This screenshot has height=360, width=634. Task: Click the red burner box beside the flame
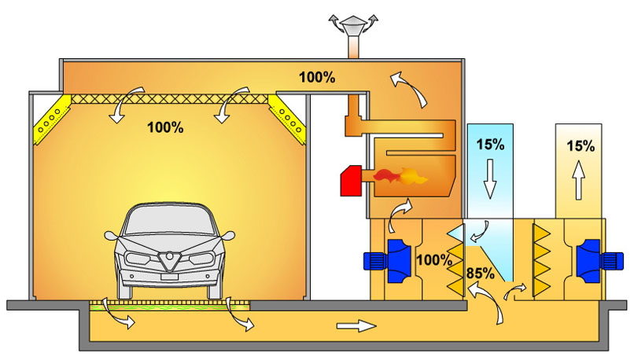(x=351, y=182)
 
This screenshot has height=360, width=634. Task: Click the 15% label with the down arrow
(x=489, y=145)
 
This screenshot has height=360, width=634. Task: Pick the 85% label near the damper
(x=480, y=274)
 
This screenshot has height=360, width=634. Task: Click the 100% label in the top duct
(x=317, y=77)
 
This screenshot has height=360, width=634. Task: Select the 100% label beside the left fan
(x=434, y=259)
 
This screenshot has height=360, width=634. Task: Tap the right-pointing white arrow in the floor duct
(x=352, y=324)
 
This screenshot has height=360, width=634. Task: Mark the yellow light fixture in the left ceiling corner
(x=53, y=117)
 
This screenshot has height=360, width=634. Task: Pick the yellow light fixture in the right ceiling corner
(x=287, y=117)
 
